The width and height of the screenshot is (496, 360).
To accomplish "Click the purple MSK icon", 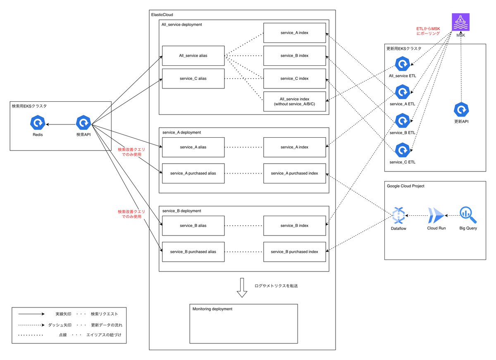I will pos(460,22).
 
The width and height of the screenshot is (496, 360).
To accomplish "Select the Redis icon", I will pos(38,123).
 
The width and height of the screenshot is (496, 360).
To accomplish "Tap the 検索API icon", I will pos(84,123).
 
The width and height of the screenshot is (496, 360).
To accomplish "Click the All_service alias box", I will pos(193,55).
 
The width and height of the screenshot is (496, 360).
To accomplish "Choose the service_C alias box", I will pos(193,79).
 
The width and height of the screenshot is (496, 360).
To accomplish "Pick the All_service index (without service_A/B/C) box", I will pos(294,101).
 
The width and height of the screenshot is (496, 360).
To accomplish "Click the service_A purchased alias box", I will pos(193,173).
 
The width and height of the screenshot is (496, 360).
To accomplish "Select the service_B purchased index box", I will pos(294,252).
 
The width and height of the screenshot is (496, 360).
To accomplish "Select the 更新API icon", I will pos(461,110).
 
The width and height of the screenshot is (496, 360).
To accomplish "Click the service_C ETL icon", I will pos(402,150).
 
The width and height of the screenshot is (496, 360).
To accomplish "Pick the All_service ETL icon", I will pos(402,64).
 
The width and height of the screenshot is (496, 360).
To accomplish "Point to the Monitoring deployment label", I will pos(212,309).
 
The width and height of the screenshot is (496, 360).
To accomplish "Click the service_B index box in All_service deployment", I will pos(294,55).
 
